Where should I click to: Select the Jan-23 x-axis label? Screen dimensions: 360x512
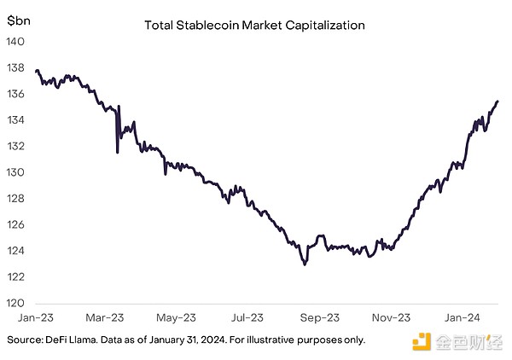[x=35, y=317]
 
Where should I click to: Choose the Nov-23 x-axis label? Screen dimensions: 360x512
[x=391, y=317]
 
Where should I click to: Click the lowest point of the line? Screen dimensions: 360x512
[x=305, y=264]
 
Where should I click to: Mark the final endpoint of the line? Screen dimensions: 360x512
[x=497, y=102]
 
